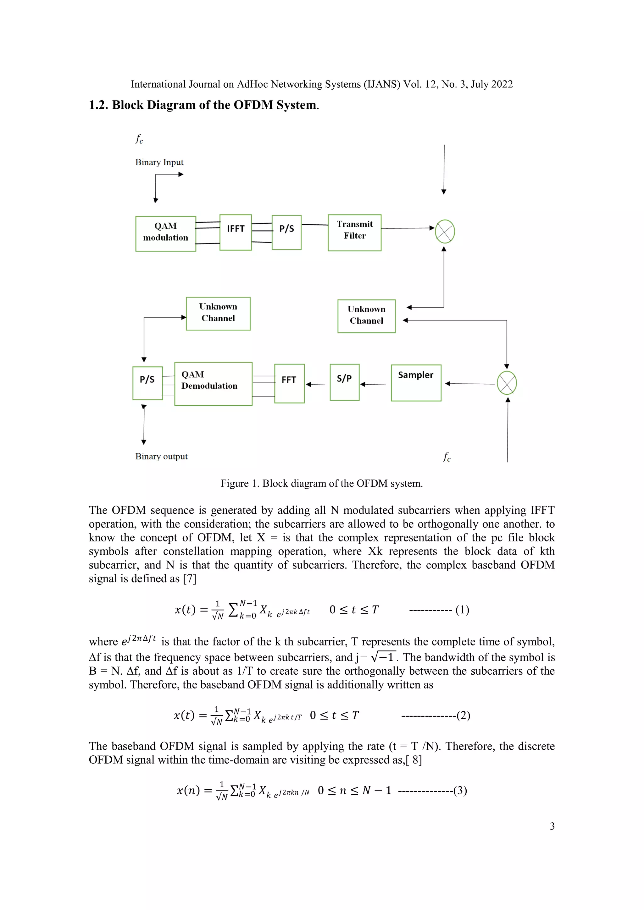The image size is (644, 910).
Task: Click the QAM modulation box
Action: (x=165, y=233)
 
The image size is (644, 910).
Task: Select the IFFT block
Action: (x=236, y=232)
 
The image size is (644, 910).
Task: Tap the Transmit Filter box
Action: (x=354, y=233)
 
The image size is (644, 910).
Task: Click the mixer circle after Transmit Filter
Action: (x=445, y=232)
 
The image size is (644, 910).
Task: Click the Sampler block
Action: (x=416, y=383)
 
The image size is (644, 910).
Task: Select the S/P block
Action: (x=344, y=382)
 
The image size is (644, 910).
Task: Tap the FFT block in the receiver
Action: (x=289, y=383)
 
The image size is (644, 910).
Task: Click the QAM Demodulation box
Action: (x=213, y=384)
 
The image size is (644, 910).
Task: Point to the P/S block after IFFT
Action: (x=286, y=232)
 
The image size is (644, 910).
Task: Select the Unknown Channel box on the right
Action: (x=366, y=316)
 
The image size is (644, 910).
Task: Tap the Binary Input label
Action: (x=159, y=162)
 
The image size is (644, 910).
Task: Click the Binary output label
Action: (x=161, y=456)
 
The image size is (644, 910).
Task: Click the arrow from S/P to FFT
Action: (x=316, y=384)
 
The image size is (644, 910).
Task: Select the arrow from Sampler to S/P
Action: (x=373, y=384)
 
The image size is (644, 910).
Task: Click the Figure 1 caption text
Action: (x=322, y=483)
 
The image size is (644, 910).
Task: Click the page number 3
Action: (x=552, y=826)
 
